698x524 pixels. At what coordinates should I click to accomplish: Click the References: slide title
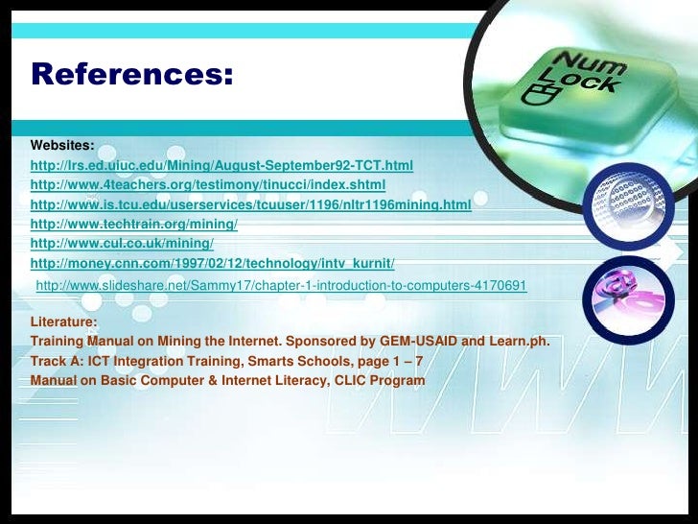point(132,74)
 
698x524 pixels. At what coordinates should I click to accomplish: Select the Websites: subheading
point(62,146)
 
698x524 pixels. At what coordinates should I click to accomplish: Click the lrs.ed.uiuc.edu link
point(221,166)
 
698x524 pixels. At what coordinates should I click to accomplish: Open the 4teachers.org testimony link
point(208,185)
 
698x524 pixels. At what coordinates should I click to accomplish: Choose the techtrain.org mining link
point(133,225)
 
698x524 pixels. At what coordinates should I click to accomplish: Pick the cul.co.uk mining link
point(123,244)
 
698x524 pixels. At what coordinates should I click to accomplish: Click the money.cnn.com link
point(213,264)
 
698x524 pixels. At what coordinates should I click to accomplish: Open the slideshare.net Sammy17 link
point(280,286)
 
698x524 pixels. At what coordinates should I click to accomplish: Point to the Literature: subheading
point(64,322)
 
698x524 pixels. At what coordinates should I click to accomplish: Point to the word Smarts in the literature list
point(265,361)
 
